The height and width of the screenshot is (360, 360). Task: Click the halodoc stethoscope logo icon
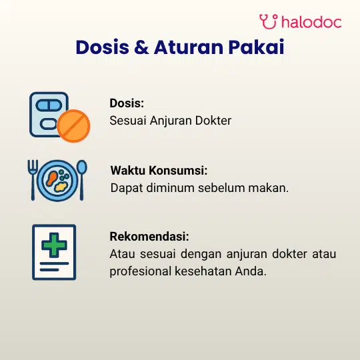(269, 21)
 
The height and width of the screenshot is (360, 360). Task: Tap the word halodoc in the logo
(311, 22)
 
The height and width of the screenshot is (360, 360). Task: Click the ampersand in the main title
(141, 47)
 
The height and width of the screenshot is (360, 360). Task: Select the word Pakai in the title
(256, 47)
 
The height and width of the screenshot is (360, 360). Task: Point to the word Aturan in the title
(189, 47)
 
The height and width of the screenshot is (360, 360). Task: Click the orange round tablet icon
(73, 126)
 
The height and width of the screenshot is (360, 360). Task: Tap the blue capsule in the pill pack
(49, 105)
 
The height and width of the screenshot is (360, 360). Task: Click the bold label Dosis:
(127, 103)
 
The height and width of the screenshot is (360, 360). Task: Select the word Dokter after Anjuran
(213, 121)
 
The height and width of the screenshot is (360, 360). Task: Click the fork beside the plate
(33, 180)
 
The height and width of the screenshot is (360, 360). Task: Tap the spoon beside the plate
(81, 180)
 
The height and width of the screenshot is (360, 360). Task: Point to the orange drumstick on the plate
(51, 179)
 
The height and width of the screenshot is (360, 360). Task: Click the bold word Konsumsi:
(178, 171)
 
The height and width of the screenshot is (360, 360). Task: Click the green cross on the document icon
(54, 245)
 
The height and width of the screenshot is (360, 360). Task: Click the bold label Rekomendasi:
(149, 237)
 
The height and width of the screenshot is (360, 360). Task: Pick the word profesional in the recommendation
(140, 271)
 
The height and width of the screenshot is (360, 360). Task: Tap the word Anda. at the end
(251, 271)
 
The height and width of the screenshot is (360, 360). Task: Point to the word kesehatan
(203, 271)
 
